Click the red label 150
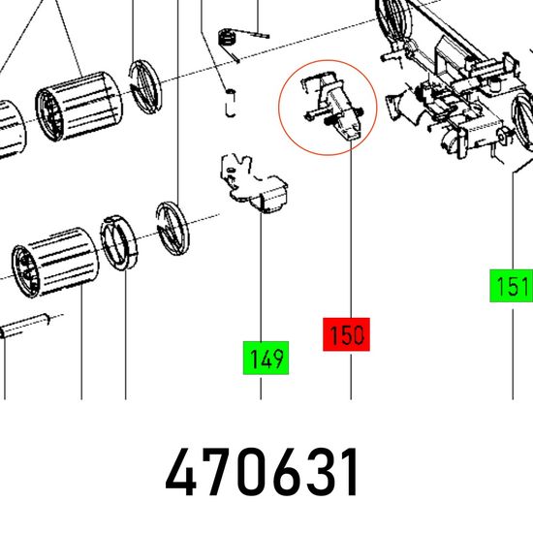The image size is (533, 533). coord(346,334)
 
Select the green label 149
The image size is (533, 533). coord(266,358)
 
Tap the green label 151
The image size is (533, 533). coord(511,286)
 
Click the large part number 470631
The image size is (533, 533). coord(261,473)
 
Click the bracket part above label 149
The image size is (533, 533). coord(254,184)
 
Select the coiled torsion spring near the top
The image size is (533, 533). coord(235,39)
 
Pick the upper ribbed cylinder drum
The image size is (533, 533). coord(78,106)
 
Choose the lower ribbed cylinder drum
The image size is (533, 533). coord(55,263)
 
